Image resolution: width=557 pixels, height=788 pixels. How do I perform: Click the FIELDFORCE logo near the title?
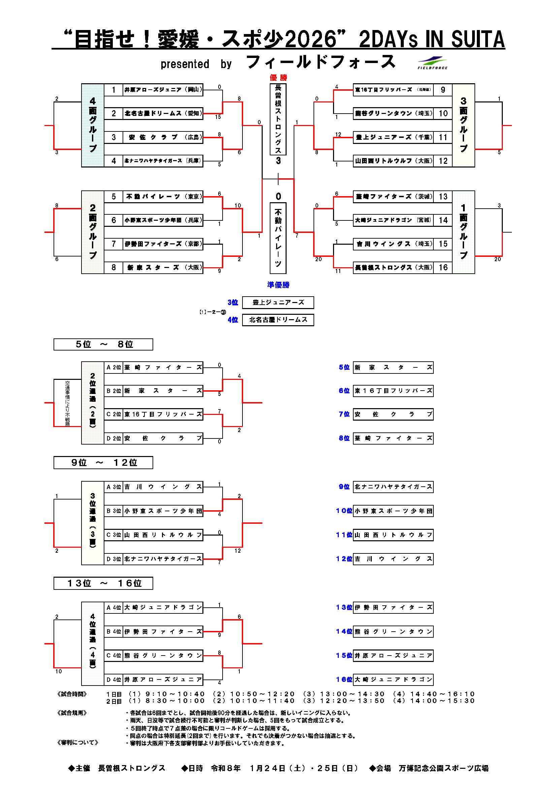coord(432,63)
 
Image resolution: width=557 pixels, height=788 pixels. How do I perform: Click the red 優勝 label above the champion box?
coord(278,78)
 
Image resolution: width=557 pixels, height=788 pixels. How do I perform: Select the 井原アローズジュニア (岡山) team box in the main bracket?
coord(163,90)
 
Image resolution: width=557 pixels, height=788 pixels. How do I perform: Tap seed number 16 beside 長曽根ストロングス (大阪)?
coord(443,267)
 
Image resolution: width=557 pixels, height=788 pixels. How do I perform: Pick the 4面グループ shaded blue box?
coord(93,125)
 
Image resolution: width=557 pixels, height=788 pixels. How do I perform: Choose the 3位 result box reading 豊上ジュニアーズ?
coord(278,302)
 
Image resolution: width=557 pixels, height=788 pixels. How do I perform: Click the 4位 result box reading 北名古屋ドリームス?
coord(278,320)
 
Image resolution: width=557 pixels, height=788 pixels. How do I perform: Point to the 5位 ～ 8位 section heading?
coord(103,344)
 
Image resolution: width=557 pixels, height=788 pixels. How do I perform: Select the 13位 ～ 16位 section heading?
coord(103,583)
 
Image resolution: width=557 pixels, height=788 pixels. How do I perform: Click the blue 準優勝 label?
coord(278,284)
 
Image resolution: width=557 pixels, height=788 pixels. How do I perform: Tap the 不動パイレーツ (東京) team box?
coord(163,196)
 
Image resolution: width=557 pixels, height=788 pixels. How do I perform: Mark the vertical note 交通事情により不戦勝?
coord(67,403)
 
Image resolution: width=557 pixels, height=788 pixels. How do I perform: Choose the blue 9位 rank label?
coord(344,487)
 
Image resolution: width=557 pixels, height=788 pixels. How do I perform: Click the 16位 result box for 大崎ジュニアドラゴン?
coord(393,679)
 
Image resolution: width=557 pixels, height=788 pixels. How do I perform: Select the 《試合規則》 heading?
coord(72,713)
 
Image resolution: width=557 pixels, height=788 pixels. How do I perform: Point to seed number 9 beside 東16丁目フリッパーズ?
coord(443,90)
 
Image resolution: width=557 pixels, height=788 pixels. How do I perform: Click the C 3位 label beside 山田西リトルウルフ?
coord(113,535)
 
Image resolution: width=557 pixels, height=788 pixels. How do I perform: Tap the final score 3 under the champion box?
coord(278,161)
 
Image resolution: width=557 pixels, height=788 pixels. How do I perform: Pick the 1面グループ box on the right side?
coord(463,232)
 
